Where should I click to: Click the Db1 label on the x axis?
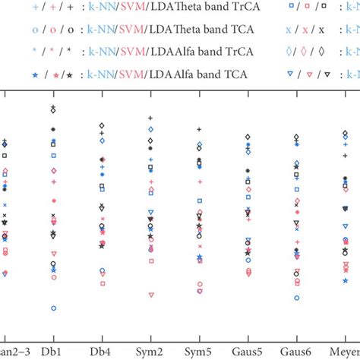(53, 352)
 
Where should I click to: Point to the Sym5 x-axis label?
(199, 352)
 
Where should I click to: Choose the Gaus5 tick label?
(248, 352)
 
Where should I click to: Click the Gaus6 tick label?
(296, 352)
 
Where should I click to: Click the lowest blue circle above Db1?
(53, 308)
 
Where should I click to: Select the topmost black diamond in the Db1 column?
(53, 111)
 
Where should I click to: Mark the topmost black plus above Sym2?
(150, 118)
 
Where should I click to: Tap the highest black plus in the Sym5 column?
(199, 130)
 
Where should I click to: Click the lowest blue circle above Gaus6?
(296, 298)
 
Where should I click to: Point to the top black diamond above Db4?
(102, 125)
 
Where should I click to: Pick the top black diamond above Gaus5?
(248, 137)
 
